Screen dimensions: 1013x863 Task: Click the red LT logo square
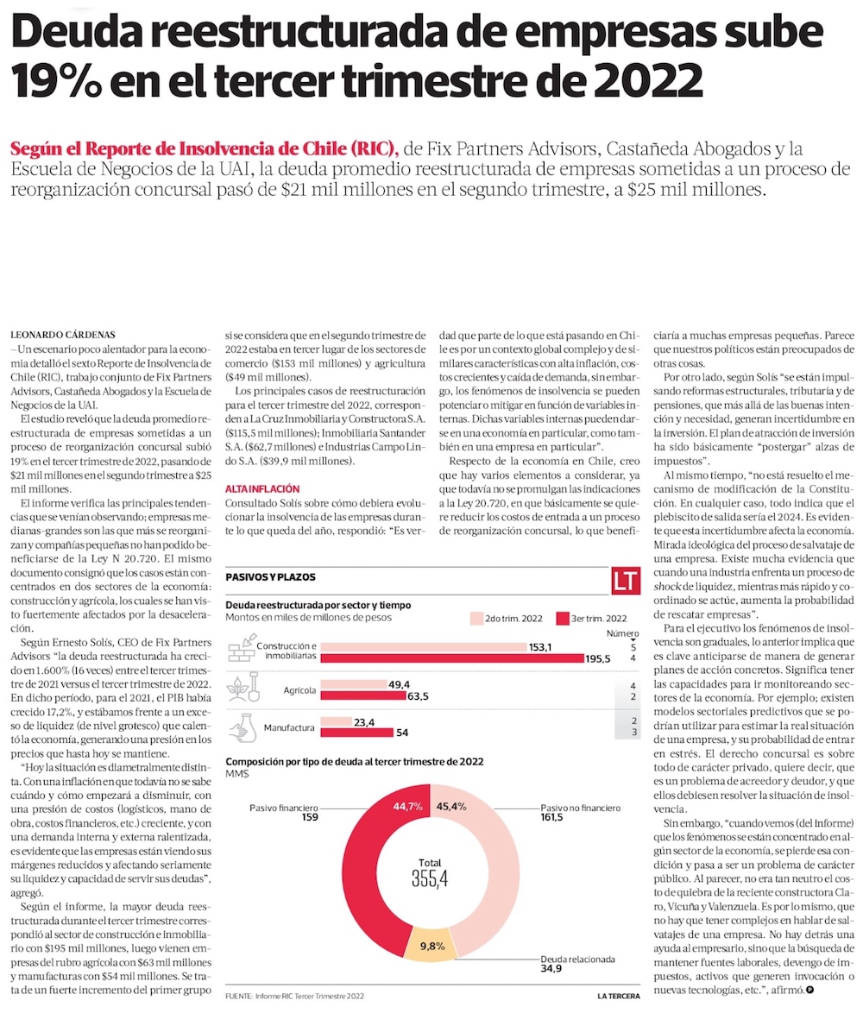626,581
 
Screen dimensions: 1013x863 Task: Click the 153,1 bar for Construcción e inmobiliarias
428,646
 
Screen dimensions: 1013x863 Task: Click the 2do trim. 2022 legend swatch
476,619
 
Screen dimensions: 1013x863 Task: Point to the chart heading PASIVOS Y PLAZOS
270,576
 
